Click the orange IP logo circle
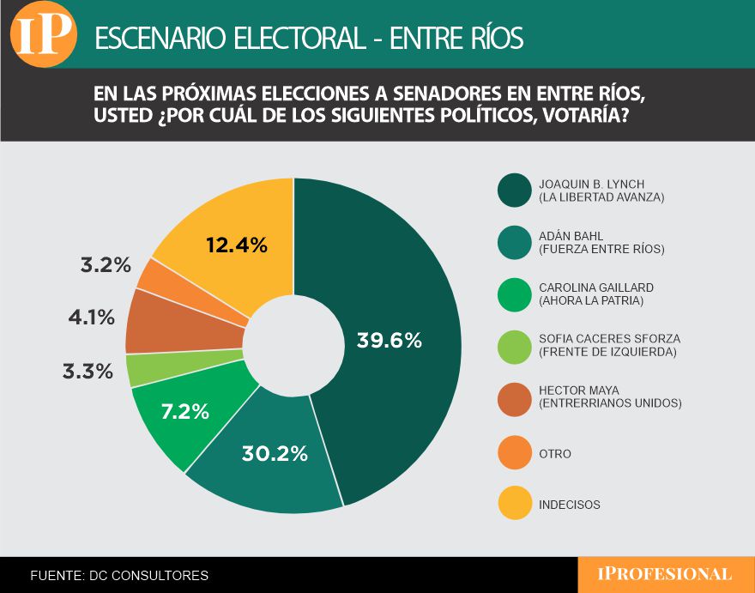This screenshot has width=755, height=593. (x=44, y=34)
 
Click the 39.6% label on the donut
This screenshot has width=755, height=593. (x=389, y=341)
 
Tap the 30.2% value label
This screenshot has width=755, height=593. (x=274, y=454)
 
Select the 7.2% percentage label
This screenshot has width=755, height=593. (x=184, y=411)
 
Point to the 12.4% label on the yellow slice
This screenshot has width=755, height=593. (x=237, y=245)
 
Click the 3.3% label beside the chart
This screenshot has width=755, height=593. (x=88, y=372)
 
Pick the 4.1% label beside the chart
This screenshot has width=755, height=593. (x=91, y=318)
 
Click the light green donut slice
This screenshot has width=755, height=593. (x=142, y=370)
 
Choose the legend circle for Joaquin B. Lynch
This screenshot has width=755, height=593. (x=515, y=191)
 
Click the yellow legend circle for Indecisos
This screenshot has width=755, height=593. (x=515, y=504)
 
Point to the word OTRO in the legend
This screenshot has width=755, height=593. (x=554, y=453)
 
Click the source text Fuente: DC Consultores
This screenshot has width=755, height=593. (x=119, y=575)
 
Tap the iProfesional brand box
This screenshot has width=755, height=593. (x=665, y=574)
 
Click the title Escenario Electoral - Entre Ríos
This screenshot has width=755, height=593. (x=308, y=39)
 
